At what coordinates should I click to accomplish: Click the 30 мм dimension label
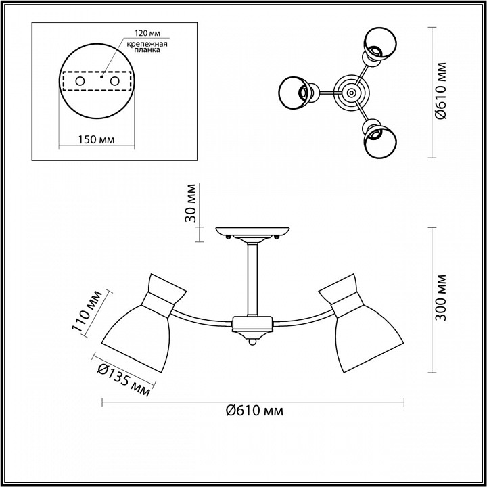[191, 203]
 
